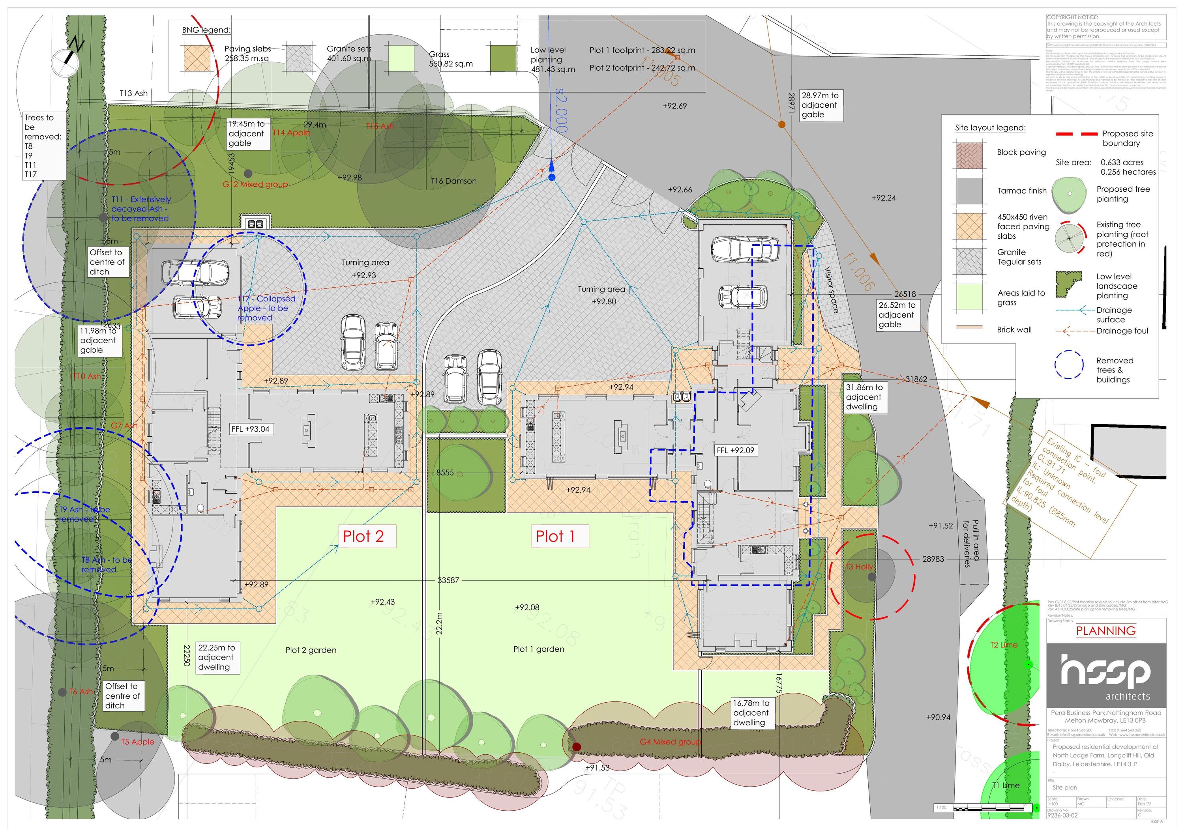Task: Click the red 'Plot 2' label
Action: click(x=363, y=537)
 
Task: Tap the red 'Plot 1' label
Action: click(x=555, y=537)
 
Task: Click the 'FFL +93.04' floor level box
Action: click(x=250, y=429)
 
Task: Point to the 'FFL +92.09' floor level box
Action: click(x=735, y=451)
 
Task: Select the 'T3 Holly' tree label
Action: click(x=859, y=567)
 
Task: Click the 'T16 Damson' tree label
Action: click(x=453, y=181)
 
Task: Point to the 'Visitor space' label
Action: click(x=831, y=290)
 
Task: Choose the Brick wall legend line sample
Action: click(x=969, y=327)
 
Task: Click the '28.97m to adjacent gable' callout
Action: click(x=820, y=105)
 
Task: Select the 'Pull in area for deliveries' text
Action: click(x=970, y=544)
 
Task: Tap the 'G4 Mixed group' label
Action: click(x=670, y=742)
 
